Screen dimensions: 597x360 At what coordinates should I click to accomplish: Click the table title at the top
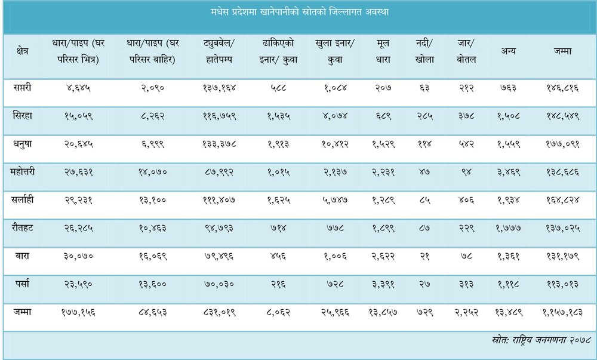tap(300, 12)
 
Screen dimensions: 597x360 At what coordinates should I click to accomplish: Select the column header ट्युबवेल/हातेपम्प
tap(219, 51)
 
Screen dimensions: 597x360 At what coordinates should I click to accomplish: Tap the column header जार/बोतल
tap(466, 51)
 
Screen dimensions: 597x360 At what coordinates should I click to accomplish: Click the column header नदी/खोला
tap(424, 51)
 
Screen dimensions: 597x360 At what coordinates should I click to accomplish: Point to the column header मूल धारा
tap(383, 51)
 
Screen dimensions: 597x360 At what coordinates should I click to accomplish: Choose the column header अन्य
tap(508, 51)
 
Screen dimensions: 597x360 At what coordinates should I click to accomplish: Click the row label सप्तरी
tap(23, 88)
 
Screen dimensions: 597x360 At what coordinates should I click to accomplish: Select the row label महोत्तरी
tap(23, 172)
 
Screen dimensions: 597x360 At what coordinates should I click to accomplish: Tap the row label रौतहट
tap(23, 228)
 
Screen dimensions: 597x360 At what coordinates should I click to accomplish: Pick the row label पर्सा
tap(23, 284)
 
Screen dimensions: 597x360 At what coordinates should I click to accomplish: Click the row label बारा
tap(23, 256)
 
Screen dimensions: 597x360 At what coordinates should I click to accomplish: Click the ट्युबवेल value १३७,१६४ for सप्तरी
tap(219, 88)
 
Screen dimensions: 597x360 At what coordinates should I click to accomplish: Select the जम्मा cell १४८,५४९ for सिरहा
tap(562, 116)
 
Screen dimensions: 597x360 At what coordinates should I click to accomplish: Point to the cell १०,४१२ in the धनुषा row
tap(335, 144)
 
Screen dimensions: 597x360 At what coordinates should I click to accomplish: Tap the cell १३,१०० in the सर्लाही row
tap(152, 200)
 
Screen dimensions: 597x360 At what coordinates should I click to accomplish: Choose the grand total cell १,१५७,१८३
tap(562, 312)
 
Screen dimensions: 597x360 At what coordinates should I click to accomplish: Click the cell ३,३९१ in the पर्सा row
tap(383, 284)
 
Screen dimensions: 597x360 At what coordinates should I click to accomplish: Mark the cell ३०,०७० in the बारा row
tap(78, 256)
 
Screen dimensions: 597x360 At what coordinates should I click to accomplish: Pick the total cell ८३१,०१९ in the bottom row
tap(219, 312)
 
